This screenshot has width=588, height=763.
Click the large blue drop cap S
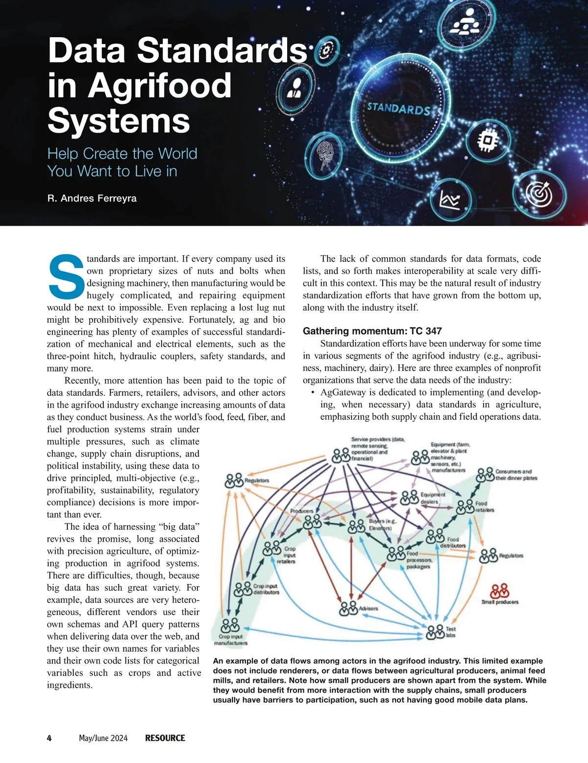66,276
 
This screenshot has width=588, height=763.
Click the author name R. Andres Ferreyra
92,198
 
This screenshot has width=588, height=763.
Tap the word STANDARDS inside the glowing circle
398,108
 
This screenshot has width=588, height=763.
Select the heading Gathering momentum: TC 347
372,331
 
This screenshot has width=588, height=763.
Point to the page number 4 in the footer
49,738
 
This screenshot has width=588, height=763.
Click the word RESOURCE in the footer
165,738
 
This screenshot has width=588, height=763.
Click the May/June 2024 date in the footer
103,738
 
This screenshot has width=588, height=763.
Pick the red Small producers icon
500,591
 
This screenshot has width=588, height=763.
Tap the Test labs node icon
435,632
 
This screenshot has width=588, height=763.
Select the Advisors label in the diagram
368,608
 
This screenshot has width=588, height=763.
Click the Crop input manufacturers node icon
230,625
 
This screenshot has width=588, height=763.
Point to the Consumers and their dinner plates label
516,475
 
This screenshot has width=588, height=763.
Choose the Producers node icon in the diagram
312,522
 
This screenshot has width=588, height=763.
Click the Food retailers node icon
465,507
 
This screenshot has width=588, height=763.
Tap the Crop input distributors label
266,589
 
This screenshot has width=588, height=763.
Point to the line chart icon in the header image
450,200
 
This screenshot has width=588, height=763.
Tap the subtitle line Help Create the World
122,154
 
